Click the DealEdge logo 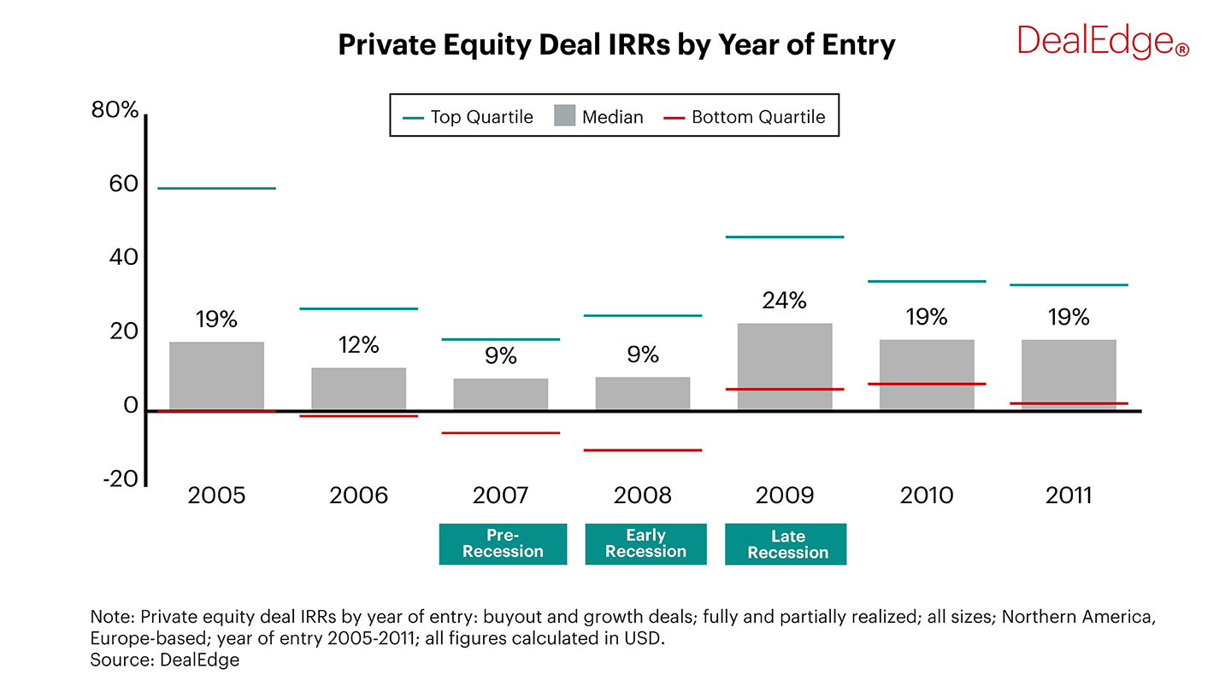[x=1102, y=40]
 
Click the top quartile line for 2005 [x=216, y=188]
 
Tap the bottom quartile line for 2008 [x=643, y=450]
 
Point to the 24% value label [x=785, y=301]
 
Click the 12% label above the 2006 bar [x=358, y=345]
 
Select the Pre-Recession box [x=503, y=544]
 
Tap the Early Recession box [x=645, y=544]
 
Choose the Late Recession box [x=786, y=544]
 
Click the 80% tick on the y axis [x=115, y=111]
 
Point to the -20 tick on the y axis [x=120, y=478]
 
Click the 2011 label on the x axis [x=1069, y=496]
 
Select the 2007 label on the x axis [x=500, y=496]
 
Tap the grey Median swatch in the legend [x=564, y=117]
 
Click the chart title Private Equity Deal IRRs [x=615, y=44]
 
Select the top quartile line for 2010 [x=927, y=281]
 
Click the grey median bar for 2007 [x=500, y=394]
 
